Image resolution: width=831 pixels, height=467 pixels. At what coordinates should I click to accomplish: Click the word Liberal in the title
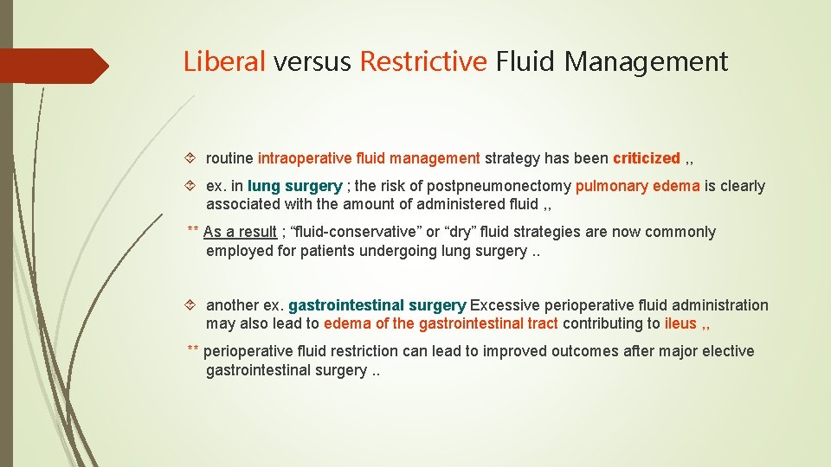pyautogui.click(x=225, y=61)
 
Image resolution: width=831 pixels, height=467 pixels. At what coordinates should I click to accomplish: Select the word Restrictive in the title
pyautogui.click(x=423, y=61)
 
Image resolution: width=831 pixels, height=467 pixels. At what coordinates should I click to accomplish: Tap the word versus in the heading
pyautogui.click(x=312, y=61)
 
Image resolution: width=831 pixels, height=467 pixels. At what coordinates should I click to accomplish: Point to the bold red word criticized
pyautogui.click(x=647, y=158)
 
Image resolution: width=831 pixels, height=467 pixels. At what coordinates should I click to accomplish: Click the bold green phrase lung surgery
pyautogui.click(x=295, y=186)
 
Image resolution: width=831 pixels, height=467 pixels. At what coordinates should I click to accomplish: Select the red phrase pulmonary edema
pyautogui.click(x=637, y=186)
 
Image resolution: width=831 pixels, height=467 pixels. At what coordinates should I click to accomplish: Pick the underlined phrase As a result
pyautogui.click(x=240, y=232)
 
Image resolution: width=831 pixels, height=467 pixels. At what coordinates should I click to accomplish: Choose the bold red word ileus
pyautogui.click(x=680, y=323)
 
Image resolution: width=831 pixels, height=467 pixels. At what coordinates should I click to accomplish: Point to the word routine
pyautogui.click(x=229, y=158)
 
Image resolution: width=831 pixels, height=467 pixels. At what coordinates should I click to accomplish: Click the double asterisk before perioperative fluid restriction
pyautogui.click(x=193, y=350)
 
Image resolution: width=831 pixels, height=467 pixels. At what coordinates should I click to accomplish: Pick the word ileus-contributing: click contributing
pyautogui.click(x=606, y=323)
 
